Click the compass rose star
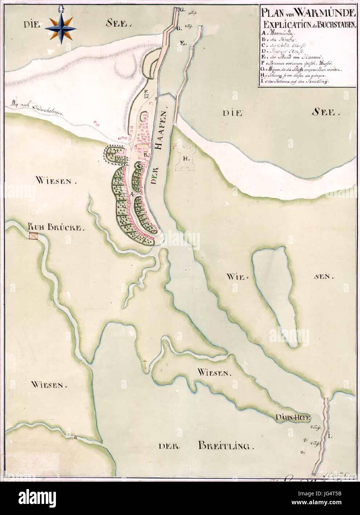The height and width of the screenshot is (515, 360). [61, 28]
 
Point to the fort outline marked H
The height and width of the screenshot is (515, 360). [185, 158]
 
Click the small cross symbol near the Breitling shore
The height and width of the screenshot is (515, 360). [145, 363]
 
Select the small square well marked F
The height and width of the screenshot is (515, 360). [147, 96]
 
